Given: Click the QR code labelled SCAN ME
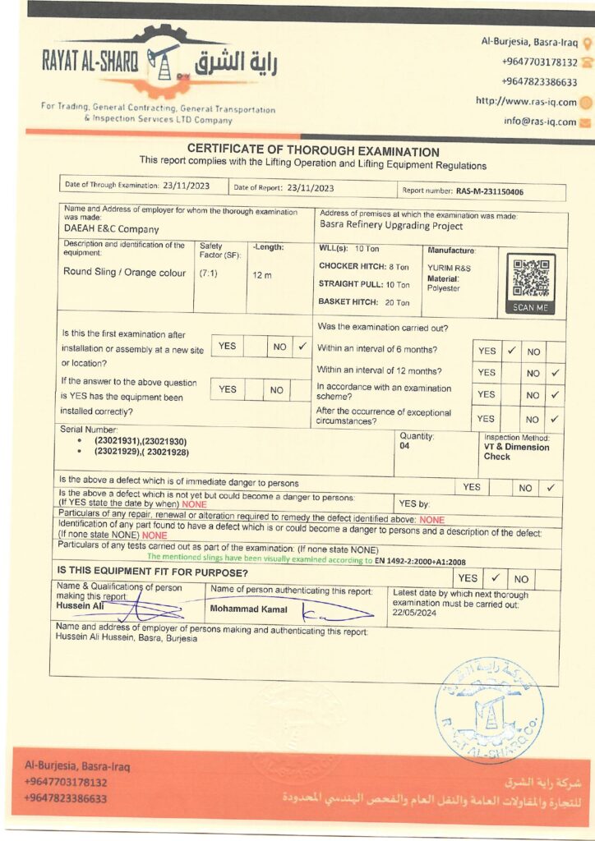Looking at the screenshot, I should tap(530, 278).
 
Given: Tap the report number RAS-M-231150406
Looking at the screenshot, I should tap(489, 191).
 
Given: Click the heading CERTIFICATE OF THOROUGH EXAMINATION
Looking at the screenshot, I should tap(313, 151).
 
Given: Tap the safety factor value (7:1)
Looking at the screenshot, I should tap(208, 273).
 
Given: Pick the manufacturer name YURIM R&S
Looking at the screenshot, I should tap(450, 268).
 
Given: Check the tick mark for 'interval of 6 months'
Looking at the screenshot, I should tap(510, 351).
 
